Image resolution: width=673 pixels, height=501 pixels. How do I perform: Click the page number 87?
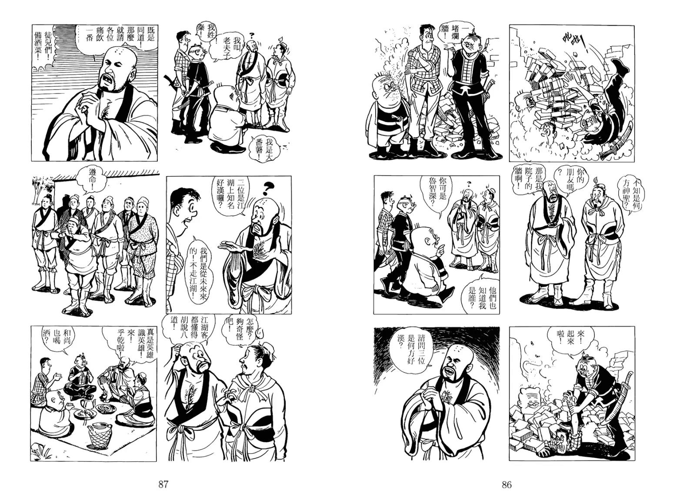(163, 484)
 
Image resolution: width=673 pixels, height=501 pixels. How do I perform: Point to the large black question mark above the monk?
(267, 189)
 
